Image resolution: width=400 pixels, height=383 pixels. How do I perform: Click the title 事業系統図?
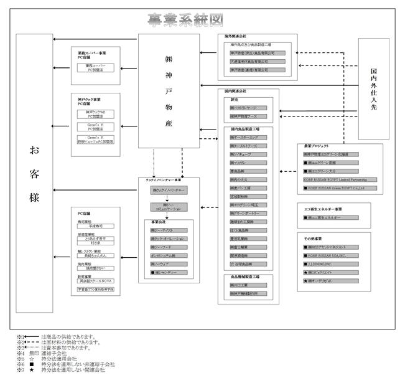coord(185,21)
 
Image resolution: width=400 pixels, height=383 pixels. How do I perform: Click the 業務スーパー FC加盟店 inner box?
coord(95,67)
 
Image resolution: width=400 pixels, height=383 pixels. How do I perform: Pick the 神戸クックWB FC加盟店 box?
coord(95,114)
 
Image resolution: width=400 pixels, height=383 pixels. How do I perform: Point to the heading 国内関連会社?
coord(238,91)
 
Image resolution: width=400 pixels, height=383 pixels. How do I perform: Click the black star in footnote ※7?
coord(30,370)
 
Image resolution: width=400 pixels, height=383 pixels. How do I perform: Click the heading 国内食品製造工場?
coord(245,129)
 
